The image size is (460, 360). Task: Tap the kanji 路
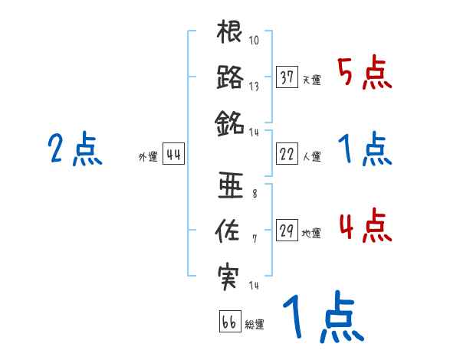click(x=230, y=77)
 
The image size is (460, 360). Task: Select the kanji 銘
click(x=230, y=121)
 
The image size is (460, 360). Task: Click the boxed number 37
click(x=287, y=77)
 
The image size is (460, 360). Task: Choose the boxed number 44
click(x=174, y=154)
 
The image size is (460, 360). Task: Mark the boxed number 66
click(x=229, y=322)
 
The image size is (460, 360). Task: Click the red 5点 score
click(x=365, y=75)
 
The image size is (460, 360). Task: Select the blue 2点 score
click(x=75, y=149)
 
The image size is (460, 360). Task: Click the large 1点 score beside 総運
click(x=322, y=318)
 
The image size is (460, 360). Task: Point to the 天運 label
click(x=310, y=80)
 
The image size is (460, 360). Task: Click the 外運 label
click(x=147, y=156)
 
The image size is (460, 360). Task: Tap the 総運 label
click(x=254, y=324)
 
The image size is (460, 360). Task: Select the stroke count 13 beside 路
click(x=254, y=86)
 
